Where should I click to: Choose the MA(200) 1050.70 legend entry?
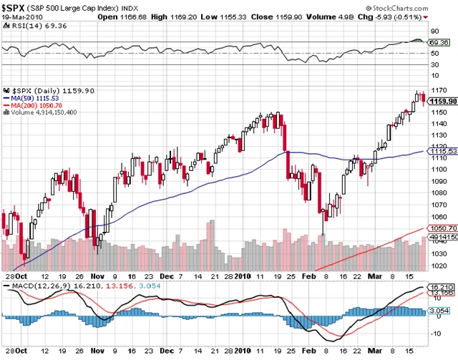(35, 105)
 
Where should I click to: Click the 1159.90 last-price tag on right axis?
(443, 102)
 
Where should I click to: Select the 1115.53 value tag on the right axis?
(444, 151)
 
